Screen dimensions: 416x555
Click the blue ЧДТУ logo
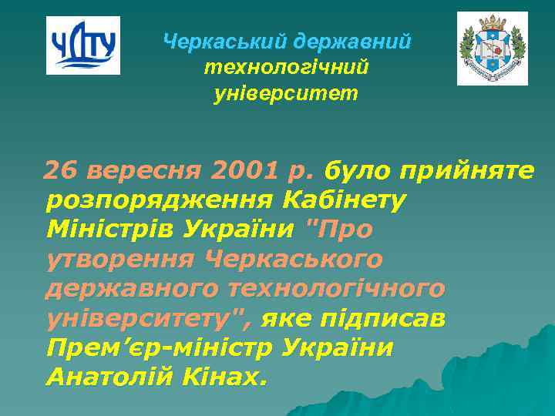tap(83, 45)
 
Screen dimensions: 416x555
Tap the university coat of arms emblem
tap(492, 48)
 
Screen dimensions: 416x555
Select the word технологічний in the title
tap(286, 68)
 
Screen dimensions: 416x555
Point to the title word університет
tap(286, 95)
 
